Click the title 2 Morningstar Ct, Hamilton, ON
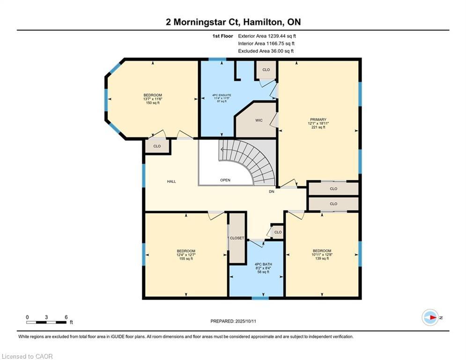point(233,22)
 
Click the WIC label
point(259,120)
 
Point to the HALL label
point(171,181)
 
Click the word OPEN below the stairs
point(225,180)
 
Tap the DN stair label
point(271,192)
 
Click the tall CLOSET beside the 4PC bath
point(237,238)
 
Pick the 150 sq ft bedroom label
point(153,99)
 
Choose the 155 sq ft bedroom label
point(186,255)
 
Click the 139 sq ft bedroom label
point(322,254)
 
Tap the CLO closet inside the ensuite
point(266,70)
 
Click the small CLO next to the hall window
point(157,146)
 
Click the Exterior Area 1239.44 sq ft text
point(267,36)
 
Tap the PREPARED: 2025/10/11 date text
point(233,321)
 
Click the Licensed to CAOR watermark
point(28,356)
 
